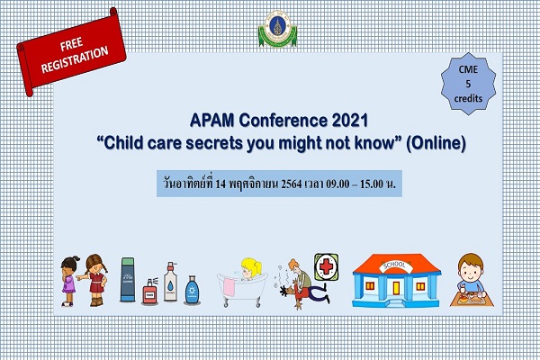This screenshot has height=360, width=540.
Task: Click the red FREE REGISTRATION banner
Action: click(71, 52)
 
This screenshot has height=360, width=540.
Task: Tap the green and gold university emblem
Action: click(277, 29)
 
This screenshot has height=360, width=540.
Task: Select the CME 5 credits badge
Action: click(468, 84)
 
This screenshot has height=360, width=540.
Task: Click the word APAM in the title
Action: click(212, 121)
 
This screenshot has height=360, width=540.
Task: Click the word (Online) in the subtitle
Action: click(436, 143)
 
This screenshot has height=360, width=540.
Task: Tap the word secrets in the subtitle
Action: click(214, 143)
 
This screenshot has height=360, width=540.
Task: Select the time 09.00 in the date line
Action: click(337, 184)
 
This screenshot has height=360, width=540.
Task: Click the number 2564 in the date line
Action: click(291, 184)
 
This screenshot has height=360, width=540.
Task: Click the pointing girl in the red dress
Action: click(94, 280)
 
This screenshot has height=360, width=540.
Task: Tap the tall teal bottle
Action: click(128, 279)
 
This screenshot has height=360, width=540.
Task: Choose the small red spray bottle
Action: click(149, 292)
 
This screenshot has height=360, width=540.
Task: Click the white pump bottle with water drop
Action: click(170, 282)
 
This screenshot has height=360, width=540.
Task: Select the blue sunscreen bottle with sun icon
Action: click(192, 290)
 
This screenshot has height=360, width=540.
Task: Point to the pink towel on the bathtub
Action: click(229, 287)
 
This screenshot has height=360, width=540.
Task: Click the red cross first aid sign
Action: click(326, 267)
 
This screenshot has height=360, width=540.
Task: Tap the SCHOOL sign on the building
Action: click(395, 265)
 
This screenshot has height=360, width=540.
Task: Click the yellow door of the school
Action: click(396, 288)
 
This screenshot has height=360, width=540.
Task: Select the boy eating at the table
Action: click(471, 280)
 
